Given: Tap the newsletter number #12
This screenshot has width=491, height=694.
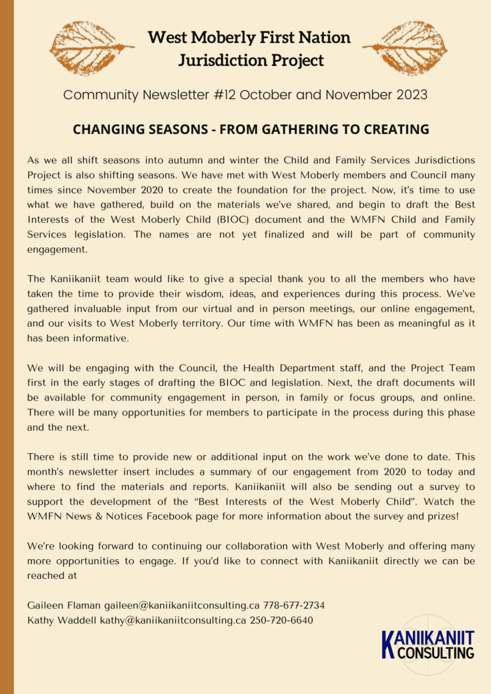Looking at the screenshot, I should [230, 95].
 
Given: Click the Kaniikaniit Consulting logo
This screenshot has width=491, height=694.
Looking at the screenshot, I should [428, 645].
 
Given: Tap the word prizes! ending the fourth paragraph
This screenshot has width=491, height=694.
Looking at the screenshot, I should [440, 516].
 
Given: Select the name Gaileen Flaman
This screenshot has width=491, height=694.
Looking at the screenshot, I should [63, 605].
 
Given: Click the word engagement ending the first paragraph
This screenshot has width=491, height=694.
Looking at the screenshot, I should [57, 250].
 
